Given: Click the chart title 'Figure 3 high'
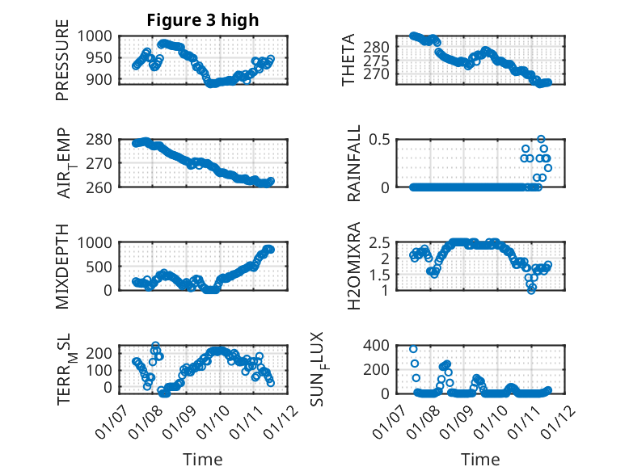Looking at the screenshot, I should point(202,20).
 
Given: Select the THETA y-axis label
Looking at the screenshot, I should point(348,60).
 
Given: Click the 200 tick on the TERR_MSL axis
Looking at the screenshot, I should point(104,352).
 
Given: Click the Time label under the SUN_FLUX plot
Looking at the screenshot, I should point(480,460).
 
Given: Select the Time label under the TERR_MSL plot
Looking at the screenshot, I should point(202,460).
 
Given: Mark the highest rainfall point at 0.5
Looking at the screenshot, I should point(541,139).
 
